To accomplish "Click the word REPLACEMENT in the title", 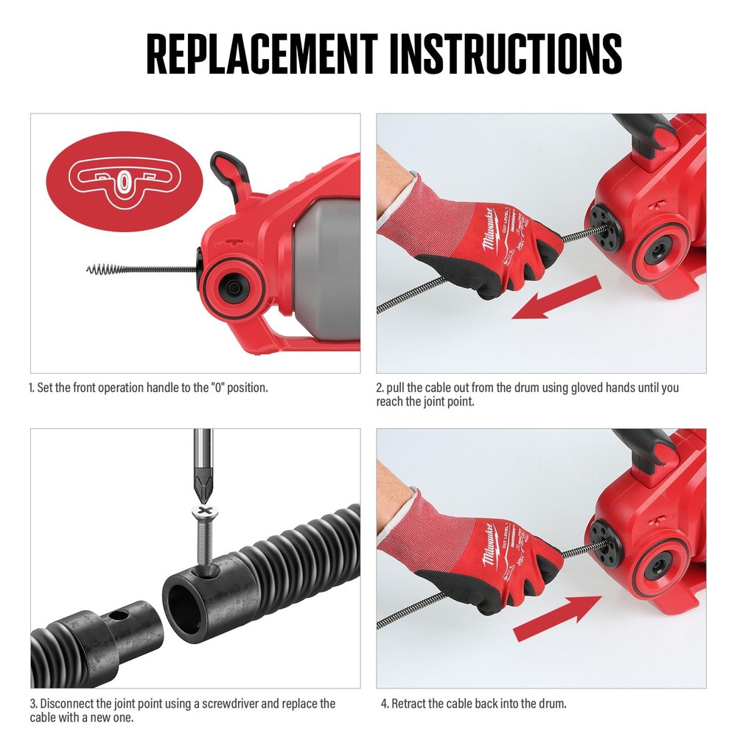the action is (x=262, y=54).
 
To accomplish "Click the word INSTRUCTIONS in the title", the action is (x=506, y=54).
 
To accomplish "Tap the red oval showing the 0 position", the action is (x=124, y=181).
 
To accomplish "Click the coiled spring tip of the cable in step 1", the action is (x=100, y=269).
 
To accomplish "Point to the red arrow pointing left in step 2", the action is (x=556, y=298).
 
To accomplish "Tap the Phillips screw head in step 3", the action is (x=203, y=511).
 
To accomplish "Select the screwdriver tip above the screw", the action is (x=203, y=486).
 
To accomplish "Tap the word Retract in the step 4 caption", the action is (x=408, y=704).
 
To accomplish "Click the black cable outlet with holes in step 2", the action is (x=604, y=225).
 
